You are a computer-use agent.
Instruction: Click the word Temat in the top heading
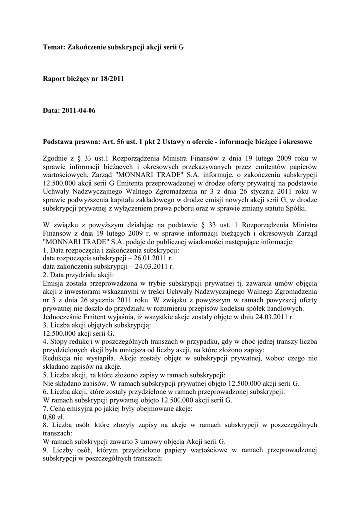53,48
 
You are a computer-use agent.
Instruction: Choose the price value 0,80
51,417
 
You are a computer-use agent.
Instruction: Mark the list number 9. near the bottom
47,450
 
